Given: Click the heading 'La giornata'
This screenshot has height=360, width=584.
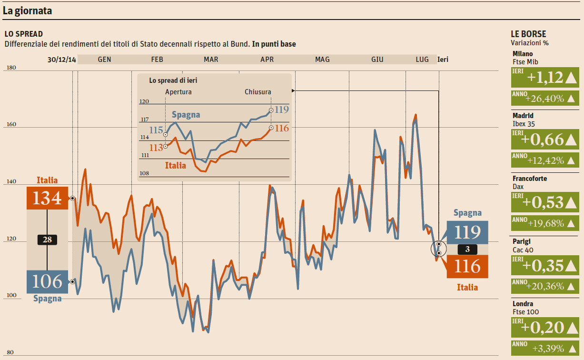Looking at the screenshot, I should [27, 11].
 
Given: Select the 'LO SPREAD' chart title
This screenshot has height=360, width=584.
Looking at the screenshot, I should [24, 34].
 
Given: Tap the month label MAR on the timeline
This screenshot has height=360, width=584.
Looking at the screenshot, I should [211, 60].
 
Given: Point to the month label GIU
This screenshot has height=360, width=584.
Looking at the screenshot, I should [377, 60].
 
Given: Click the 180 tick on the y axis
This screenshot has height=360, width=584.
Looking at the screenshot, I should [11, 68].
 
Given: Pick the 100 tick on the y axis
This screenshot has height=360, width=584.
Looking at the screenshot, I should [11, 296].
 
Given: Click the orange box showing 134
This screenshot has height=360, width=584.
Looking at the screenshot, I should [47, 198].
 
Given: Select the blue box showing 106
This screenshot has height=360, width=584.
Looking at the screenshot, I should [47, 281].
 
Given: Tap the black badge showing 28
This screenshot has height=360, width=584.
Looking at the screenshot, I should [47, 240].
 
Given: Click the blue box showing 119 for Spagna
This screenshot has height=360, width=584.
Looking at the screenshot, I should [467, 232].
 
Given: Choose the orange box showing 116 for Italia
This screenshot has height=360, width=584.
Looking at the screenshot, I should [467, 266].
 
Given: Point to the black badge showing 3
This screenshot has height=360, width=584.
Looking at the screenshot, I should [467, 249].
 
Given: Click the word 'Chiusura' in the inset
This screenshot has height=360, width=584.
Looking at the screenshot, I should [258, 92].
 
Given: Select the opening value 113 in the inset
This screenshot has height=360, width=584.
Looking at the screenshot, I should [156, 148].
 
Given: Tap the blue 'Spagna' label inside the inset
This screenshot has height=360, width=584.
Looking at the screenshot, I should [186, 115].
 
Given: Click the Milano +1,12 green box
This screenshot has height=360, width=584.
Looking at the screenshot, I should [544, 77].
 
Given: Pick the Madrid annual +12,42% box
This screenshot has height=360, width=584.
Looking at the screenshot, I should [544, 160].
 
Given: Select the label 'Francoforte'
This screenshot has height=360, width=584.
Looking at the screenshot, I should [530, 179].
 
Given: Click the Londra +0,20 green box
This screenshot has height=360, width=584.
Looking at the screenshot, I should [544, 327].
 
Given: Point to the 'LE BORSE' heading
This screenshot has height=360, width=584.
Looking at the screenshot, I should [528, 34].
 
